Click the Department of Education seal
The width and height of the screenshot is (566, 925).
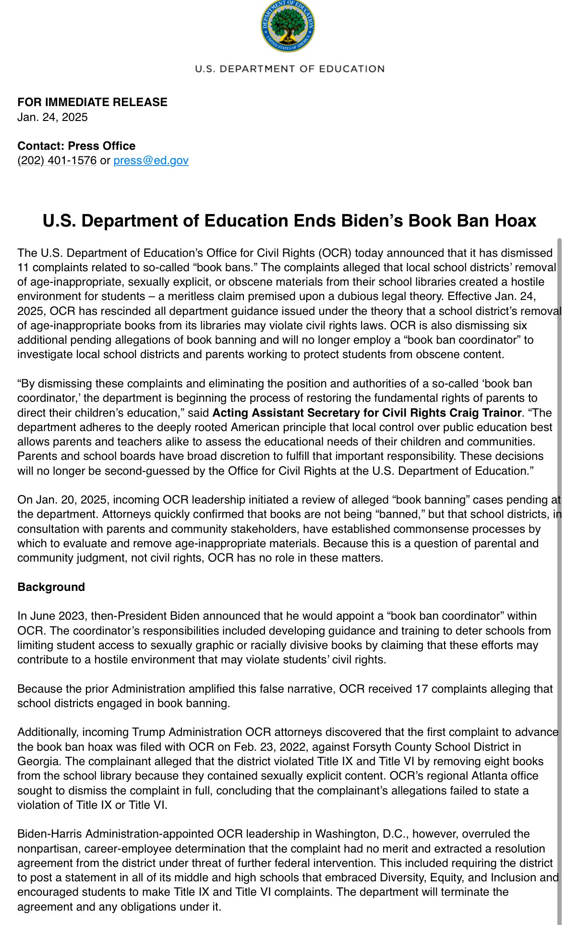click(288, 26)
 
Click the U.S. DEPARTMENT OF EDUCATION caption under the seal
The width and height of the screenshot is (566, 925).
click(289, 69)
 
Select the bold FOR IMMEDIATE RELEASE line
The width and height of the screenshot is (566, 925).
click(92, 102)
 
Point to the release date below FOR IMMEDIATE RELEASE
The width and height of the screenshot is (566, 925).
click(52, 117)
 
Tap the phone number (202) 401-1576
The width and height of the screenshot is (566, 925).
click(57, 160)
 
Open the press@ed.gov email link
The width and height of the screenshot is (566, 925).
click(151, 160)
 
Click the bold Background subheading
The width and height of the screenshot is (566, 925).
click(51, 587)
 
